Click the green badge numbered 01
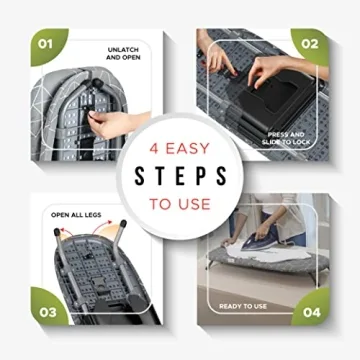[x=44, y=44]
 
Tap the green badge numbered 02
[x=311, y=44]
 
